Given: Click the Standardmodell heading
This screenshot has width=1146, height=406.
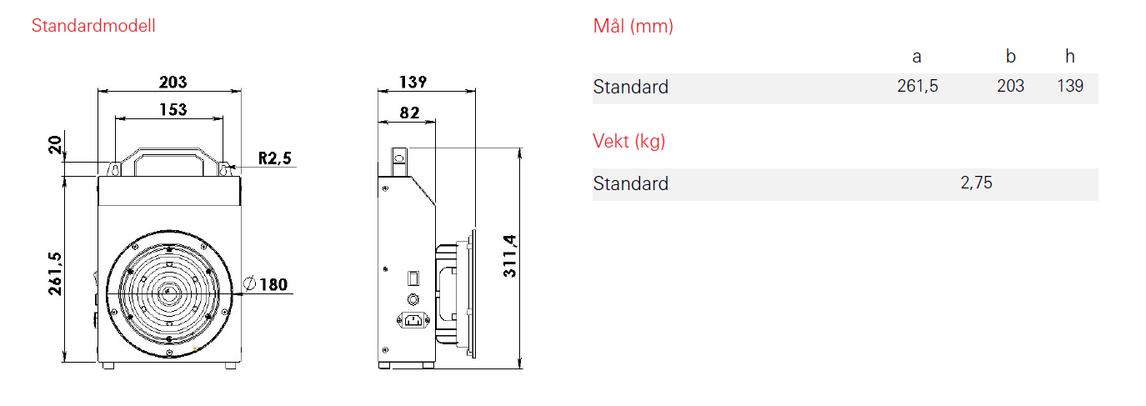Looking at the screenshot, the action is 93,26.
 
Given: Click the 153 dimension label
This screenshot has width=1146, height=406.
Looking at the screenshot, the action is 173,109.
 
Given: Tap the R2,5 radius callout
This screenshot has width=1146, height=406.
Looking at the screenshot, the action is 275,158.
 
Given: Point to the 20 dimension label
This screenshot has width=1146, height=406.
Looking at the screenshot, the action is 55,145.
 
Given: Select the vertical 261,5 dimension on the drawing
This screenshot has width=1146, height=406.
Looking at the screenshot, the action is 55,273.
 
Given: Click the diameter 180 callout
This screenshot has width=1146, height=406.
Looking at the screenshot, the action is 266,284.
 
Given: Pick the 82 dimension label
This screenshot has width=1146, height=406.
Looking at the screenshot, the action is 409,113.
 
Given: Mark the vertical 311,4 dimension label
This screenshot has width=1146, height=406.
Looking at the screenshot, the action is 509,256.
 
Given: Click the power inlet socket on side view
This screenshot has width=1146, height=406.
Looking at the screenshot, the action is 413,320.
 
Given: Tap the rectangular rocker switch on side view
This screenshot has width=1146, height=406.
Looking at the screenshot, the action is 413,278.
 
